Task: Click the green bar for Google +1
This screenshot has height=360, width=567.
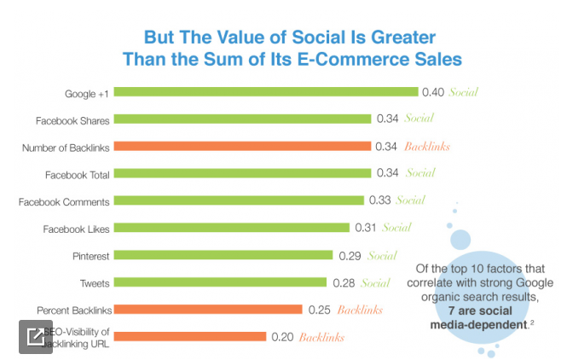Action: pyautogui.click(x=264, y=92)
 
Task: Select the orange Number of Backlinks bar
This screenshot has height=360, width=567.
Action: pyautogui.click(x=241, y=147)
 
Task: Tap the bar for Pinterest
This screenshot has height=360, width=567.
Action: pyautogui.click(x=222, y=255)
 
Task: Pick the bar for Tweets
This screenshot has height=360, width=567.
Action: pyautogui.click(x=219, y=282)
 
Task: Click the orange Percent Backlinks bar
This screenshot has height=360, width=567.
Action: pyautogui.click(x=207, y=310)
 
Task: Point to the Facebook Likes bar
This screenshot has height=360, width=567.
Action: pyautogui.click(x=230, y=228)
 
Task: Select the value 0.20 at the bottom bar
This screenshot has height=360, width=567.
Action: pyautogui.click(x=282, y=337)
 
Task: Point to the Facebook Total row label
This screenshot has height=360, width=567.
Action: pyautogui.click(x=77, y=174)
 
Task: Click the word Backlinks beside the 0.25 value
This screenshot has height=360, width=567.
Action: pyautogui.click(x=362, y=310)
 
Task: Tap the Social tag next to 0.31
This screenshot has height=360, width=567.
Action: pyautogui.click(x=396, y=228)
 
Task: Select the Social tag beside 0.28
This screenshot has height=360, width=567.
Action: pyautogui.click(x=375, y=282)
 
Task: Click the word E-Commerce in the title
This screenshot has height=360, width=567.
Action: pyautogui.click(x=335, y=60)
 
